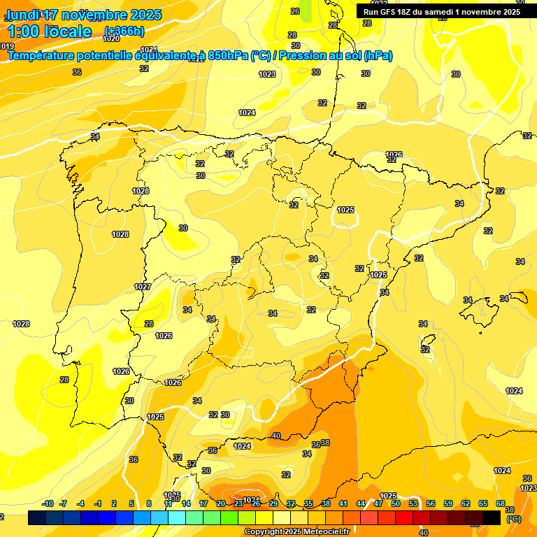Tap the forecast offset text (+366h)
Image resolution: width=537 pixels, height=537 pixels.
[x=124, y=31]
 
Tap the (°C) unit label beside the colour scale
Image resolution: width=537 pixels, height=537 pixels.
[x=513, y=519]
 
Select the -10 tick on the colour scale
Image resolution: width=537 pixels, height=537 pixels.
[x=48, y=503]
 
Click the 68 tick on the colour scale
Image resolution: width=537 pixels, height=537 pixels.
[x=501, y=503]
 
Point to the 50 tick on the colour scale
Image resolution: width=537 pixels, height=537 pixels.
[x=396, y=503]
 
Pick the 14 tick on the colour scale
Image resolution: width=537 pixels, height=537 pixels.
[x=186, y=503]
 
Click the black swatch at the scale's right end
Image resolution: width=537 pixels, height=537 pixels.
[x=492, y=517]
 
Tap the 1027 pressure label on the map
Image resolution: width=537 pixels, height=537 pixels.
[x=143, y=287]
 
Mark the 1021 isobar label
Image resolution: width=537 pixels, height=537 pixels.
[x=149, y=49]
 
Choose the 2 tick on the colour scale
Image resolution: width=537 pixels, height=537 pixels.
[x=114, y=503]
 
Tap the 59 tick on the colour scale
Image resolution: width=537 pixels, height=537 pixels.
[x=448, y=503]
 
